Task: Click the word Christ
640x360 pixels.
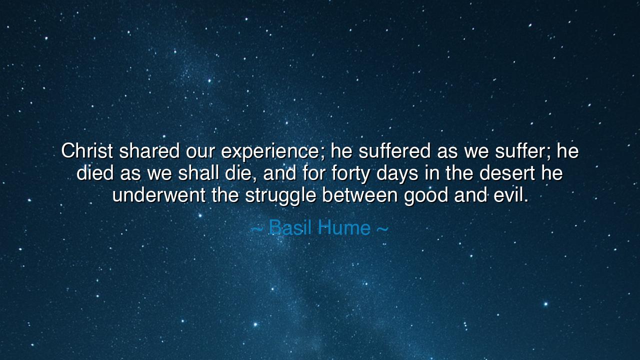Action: pyautogui.click(x=87, y=150)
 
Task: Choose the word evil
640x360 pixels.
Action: pyautogui.click(x=510, y=195)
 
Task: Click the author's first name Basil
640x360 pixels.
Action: pyautogui.click(x=290, y=228)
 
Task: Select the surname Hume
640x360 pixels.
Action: pyautogui.click(x=344, y=228)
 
